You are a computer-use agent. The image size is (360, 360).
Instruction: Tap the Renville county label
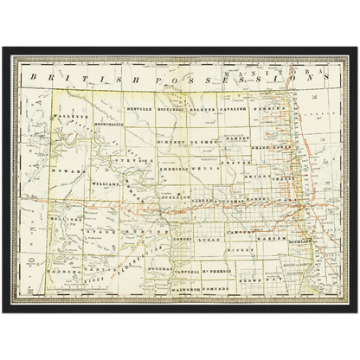(x=139, y=111)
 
